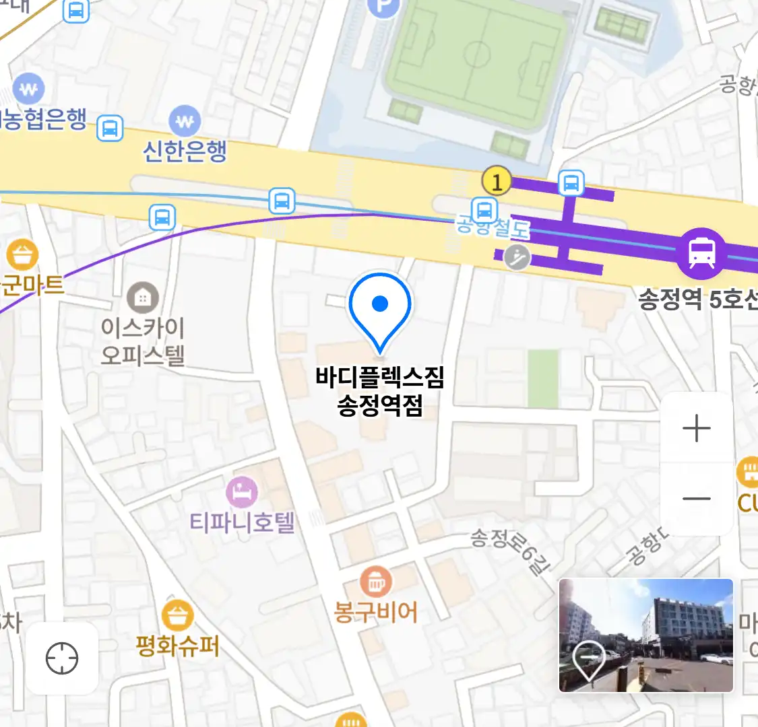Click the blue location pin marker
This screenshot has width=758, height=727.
tap(380, 306)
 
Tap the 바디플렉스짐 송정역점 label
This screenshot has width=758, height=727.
tap(380, 391)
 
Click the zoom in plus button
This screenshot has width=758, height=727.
tap(697, 428)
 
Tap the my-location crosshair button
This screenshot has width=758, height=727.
tap(62, 658)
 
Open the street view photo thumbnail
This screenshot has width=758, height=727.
tap(645, 635)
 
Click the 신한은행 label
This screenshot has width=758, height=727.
tap(185, 151)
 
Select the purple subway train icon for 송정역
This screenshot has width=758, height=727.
tap(701, 253)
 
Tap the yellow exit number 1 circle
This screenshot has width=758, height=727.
tap(497, 181)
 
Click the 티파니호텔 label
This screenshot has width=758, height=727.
tap(242, 522)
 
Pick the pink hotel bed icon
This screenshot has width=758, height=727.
tap(242, 492)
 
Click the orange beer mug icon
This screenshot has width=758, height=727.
tap(376, 581)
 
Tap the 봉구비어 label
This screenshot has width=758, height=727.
tap(376, 612)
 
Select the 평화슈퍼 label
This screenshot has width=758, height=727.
tap(177, 646)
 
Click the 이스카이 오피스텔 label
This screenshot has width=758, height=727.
tap(142, 341)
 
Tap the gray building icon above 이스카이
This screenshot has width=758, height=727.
tap(143, 297)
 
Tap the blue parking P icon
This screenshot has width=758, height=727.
tap(383, 7)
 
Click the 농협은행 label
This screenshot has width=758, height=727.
tap(44, 119)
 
